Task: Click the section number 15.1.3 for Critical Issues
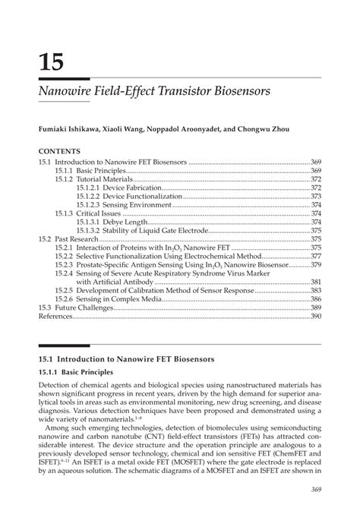coord(65,213)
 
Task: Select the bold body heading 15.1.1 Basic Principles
coord(75,372)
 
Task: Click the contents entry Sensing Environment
coord(136,204)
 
